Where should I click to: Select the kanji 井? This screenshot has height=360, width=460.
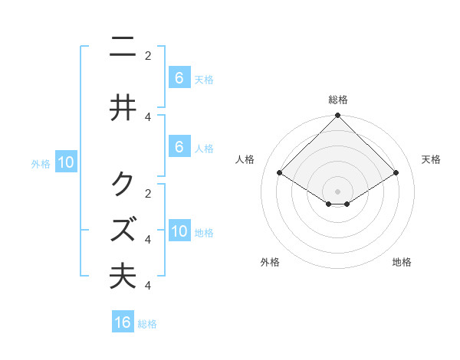click(123, 107)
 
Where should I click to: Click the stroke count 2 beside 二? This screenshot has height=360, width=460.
click(148, 55)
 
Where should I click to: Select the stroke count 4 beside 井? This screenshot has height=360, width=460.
click(148, 116)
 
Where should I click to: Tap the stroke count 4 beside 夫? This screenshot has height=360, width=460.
click(148, 285)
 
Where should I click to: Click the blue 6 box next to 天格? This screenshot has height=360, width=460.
click(179, 77)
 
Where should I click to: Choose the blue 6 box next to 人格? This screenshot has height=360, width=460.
click(179, 146)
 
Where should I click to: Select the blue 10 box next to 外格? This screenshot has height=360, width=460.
click(66, 162)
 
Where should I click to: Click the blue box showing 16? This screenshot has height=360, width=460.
click(123, 322)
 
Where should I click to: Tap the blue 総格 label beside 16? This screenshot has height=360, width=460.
click(147, 324)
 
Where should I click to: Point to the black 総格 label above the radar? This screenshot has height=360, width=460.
click(338, 100)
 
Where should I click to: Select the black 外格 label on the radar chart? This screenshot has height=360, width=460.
click(270, 262)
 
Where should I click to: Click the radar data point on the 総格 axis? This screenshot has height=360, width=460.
click(338, 116)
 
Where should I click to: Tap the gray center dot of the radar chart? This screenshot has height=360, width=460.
click(338, 191)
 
